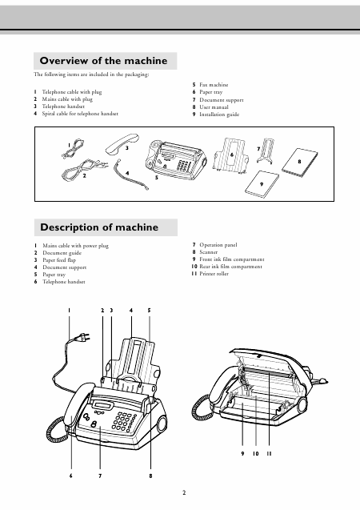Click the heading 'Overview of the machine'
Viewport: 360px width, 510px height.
103,61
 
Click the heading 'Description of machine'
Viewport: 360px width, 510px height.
99,227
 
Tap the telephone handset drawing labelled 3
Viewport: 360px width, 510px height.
122,143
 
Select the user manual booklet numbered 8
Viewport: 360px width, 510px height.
299,163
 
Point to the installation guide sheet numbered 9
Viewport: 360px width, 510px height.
262,184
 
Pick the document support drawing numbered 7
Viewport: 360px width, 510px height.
266,151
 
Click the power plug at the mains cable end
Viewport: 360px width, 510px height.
82,337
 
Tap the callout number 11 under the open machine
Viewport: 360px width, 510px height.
269,453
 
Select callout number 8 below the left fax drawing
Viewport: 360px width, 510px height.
150,476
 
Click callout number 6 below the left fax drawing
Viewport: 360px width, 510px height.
70,476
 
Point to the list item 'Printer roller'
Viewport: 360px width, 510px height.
214,274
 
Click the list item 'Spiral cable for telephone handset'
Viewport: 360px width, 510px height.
80,114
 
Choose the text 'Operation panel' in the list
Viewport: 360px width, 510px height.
218,245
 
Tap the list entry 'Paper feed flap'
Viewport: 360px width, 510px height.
59,260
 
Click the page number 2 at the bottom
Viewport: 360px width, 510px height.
184,492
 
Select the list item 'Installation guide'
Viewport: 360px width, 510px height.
219,114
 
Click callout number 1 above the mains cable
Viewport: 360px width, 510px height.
69,311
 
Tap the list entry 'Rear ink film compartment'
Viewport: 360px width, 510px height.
230,267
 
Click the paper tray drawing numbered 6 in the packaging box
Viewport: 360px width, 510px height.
231,155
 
